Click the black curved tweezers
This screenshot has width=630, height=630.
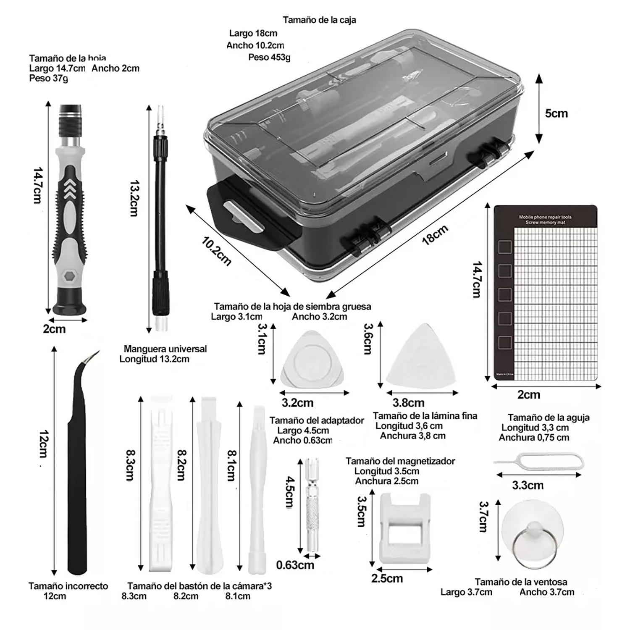tap(76, 483)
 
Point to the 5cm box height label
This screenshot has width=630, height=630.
tap(556, 113)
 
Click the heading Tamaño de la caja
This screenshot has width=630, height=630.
tap(319, 20)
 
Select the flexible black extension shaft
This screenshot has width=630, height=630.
tap(161, 218)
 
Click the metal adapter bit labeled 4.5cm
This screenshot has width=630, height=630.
tap(312, 504)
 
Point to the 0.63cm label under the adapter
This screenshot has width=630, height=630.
tap(295, 565)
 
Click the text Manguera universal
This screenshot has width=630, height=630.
tap(165, 349)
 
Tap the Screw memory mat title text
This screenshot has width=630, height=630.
tap(545, 220)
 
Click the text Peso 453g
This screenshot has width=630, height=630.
tap(269, 57)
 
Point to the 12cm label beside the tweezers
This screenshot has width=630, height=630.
tap(44, 444)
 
